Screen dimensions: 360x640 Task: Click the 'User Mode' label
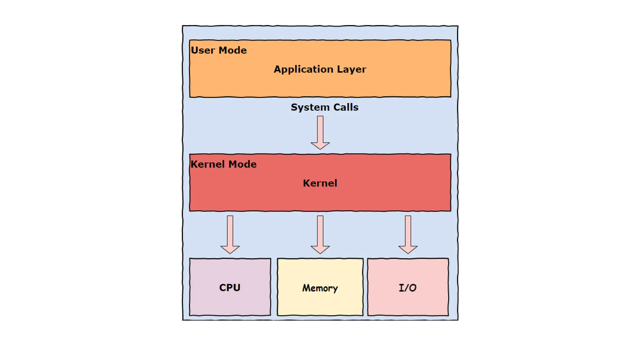[x=219, y=50]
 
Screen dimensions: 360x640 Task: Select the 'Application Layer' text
[x=320, y=69]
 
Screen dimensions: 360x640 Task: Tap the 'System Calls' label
[x=324, y=107]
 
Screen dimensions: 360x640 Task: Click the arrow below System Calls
[x=320, y=132]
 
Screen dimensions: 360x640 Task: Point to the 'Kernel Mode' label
[x=223, y=164]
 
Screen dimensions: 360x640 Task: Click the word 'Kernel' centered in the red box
[x=320, y=183]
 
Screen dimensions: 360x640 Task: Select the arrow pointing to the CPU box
[x=230, y=234]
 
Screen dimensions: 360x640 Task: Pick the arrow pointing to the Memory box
[x=320, y=234]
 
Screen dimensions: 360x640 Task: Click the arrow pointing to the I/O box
[x=408, y=234]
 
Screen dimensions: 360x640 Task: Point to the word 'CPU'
[x=230, y=287]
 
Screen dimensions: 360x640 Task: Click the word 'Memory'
[x=320, y=288]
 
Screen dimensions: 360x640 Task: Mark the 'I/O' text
[x=407, y=288]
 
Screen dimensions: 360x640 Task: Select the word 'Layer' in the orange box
[x=352, y=69]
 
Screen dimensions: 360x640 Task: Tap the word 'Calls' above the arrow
[x=346, y=107]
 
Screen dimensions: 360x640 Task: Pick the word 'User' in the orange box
[x=203, y=50]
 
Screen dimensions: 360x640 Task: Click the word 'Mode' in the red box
[x=242, y=164]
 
